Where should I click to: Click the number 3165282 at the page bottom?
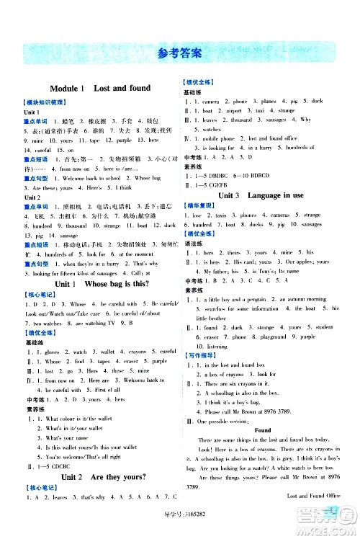click(x=190, y=532)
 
